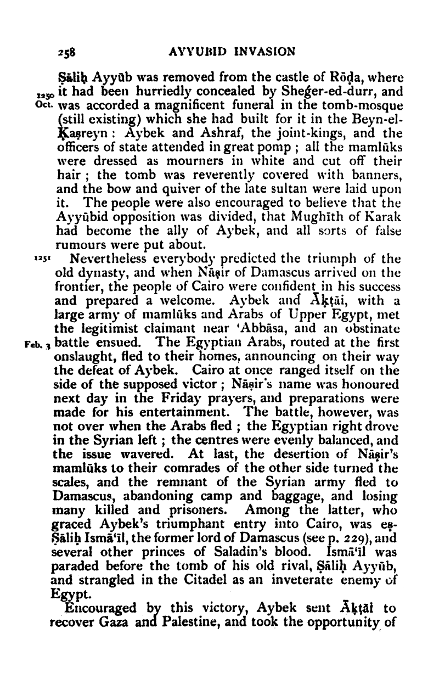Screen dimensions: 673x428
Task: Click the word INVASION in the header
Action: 265,52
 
